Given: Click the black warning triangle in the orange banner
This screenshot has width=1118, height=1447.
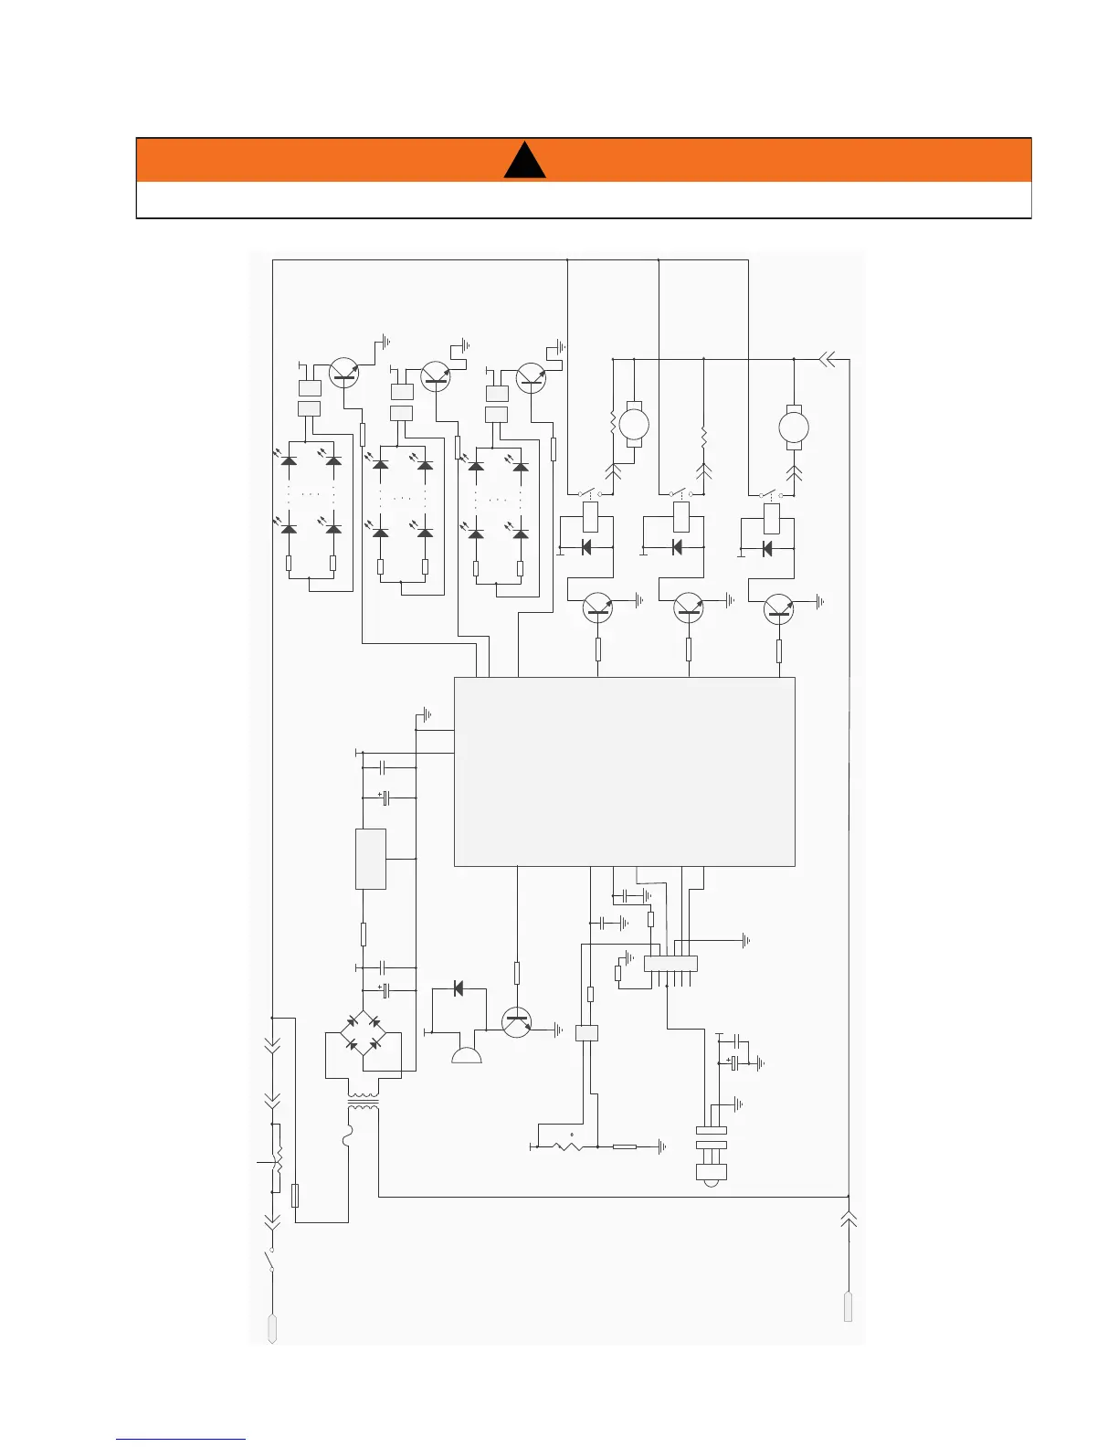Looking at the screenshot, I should pyautogui.click(x=524, y=162).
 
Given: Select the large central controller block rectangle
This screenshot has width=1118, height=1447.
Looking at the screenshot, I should pyautogui.click(x=625, y=771).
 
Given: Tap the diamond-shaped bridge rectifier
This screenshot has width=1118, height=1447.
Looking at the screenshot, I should pyautogui.click(x=363, y=1033).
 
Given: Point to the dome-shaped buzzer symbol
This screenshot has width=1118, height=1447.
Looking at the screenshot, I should pyautogui.click(x=467, y=1056).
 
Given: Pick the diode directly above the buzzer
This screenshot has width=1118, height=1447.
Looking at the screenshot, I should pyautogui.click(x=458, y=988).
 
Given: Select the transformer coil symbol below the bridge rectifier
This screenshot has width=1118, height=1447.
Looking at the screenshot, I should pyautogui.click(x=364, y=1102).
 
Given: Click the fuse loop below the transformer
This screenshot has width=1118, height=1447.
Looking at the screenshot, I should pyautogui.click(x=347, y=1138).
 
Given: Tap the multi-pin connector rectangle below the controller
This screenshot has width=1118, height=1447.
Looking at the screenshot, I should pyautogui.click(x=670, y=963).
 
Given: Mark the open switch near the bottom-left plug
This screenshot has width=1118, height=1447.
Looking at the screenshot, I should pyautogui.click(x=271, y=1259).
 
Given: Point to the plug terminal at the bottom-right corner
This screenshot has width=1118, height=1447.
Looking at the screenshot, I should pyautogui.click(x=849, y=1304).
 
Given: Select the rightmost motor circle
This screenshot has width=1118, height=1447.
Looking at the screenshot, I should pyautogui.click(x=794, y=426).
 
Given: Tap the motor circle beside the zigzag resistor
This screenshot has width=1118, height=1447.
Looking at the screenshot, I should pyautogui.click(x=634, y=424).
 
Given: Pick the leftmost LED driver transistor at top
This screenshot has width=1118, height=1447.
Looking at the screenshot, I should pyautogui.click(x=343, y=373).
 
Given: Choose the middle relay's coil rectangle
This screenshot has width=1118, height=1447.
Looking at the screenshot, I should pyautogui.click(x=681, y=517).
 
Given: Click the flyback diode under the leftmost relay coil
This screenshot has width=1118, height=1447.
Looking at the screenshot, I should pyautogui.click(x=586, y=547).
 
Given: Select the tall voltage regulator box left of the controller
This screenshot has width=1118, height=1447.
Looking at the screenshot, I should pyautogui.click(x=371, y=859).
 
